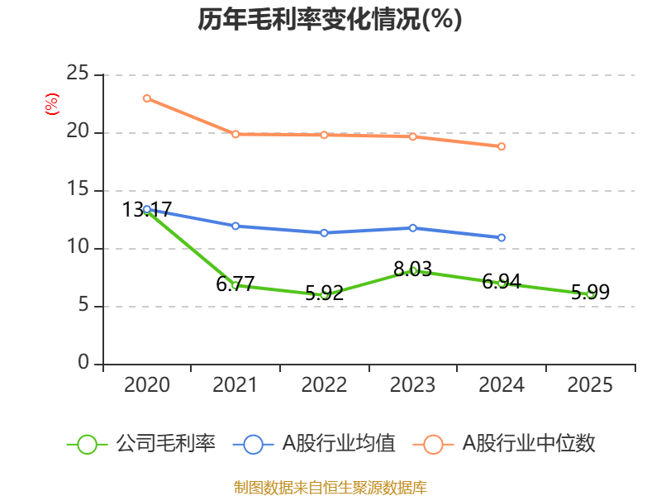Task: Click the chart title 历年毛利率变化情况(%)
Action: point(330,20)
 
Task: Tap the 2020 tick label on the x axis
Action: point(147,385)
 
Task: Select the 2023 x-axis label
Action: point(413,385)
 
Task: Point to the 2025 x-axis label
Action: point(591,385)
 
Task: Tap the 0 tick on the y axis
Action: point(83,364)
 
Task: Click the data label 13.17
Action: point(147,210)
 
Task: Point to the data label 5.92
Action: point(324,293)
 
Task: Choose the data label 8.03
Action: point(413,269)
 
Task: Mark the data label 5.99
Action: point(591,293)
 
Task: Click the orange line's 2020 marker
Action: point(147,98)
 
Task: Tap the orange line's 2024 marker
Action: point(502,146)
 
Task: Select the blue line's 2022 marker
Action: point(324,233)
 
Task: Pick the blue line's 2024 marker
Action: point(502,237)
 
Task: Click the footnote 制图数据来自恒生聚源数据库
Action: point(330,487)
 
